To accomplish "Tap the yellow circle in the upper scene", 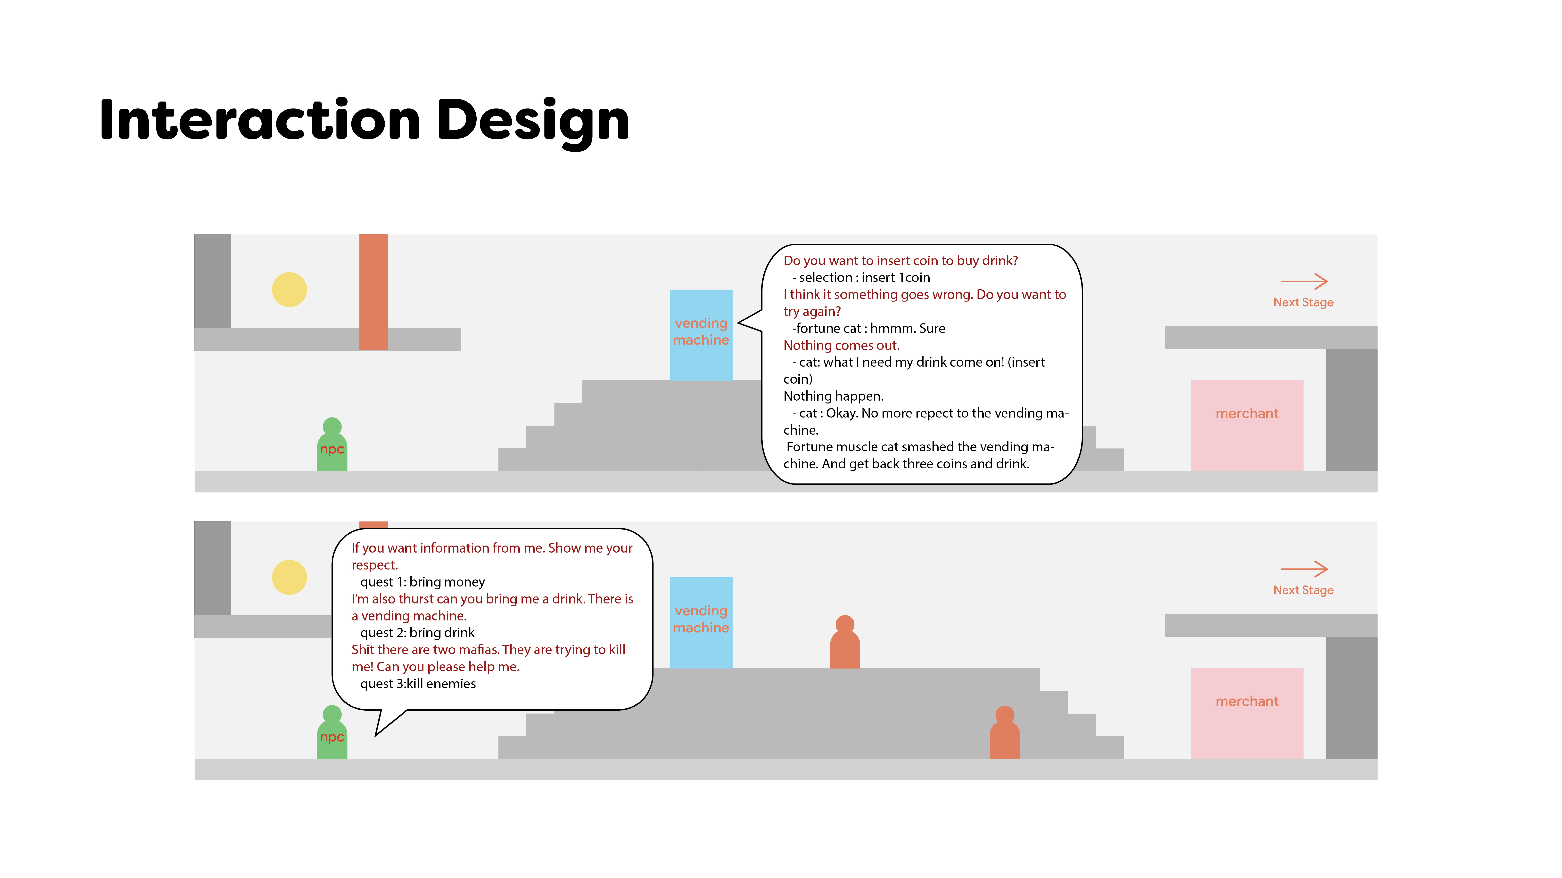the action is click(x=289, y=290).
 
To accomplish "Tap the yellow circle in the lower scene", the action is click(x=289, y=577).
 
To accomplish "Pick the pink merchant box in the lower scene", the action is click(x=1247, y=713).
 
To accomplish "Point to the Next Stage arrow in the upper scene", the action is click(x=1304, y=281).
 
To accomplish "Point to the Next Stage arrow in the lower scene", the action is click(x=1304, y=569).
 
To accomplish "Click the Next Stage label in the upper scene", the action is click(x=1303, y=302).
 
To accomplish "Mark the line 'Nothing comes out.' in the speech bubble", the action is click(x=841, y=345).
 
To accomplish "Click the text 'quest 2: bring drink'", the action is click(x=417, y=633).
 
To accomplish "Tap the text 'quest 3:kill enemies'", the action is click(x=418, y=683).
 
